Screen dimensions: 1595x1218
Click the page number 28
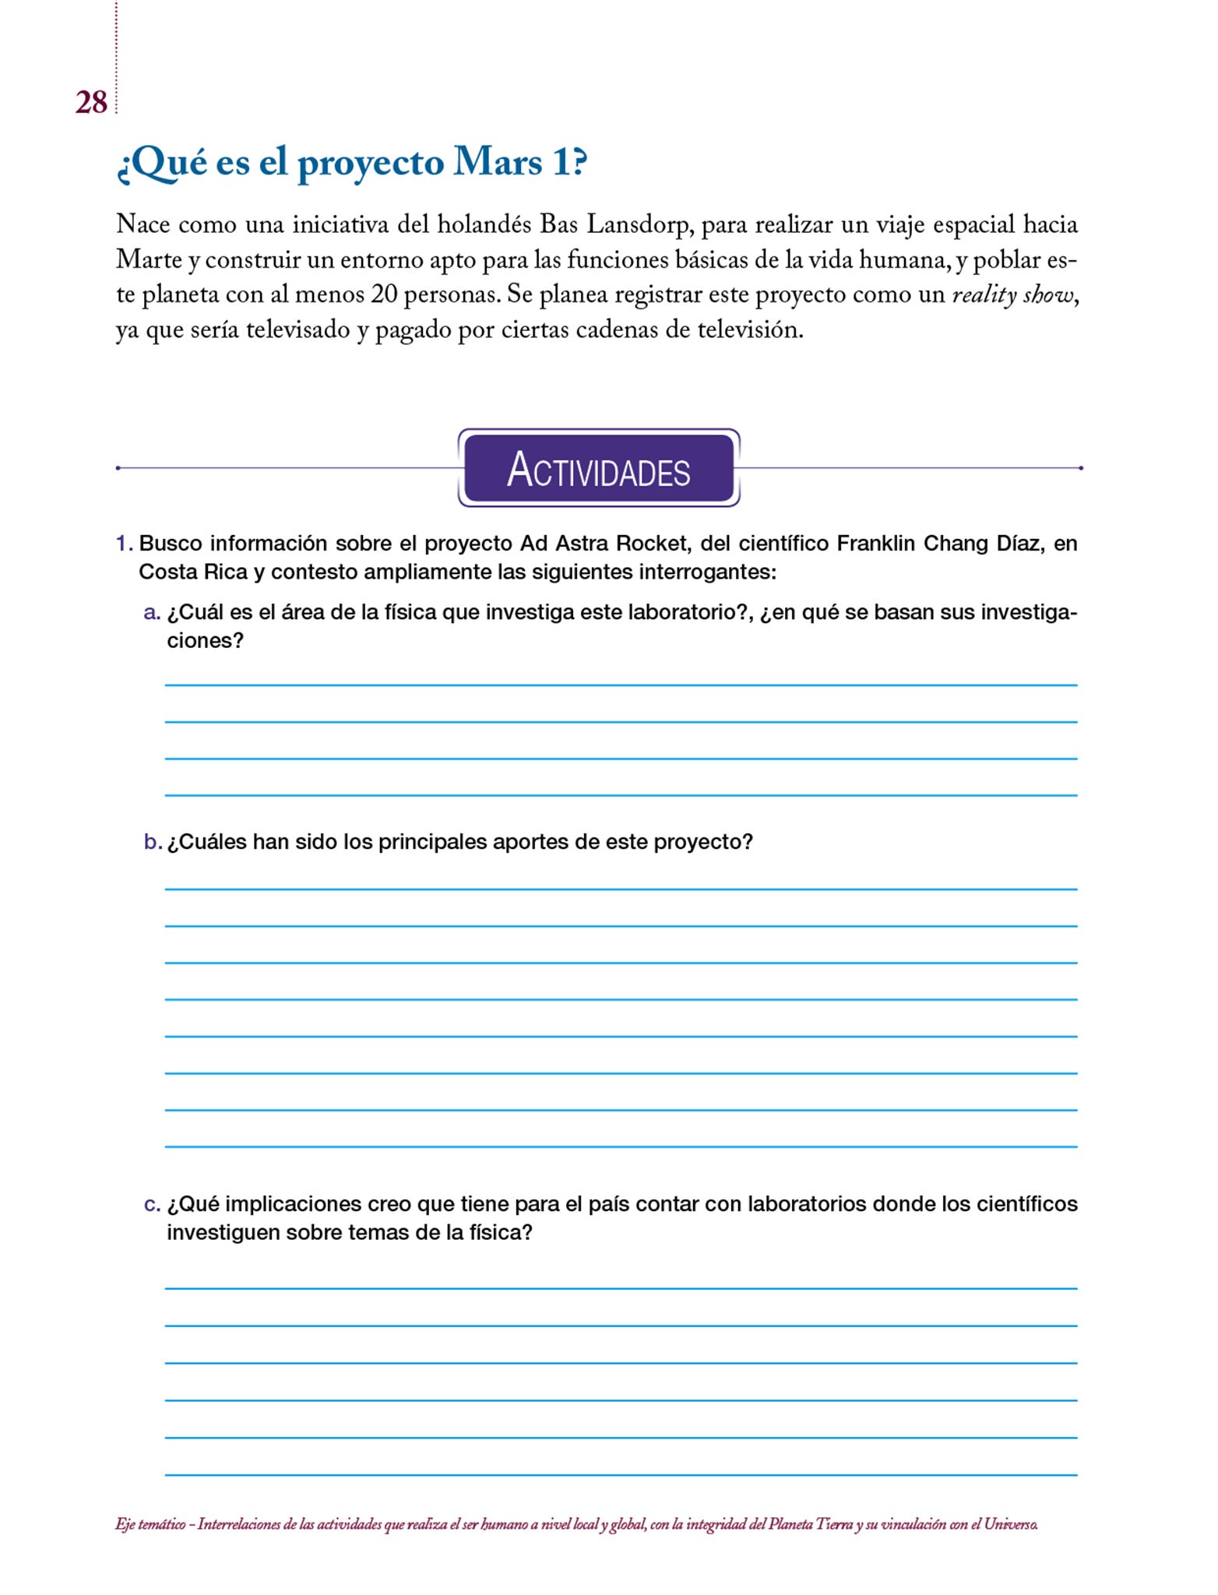point(91,103)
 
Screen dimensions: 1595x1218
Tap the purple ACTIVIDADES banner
point(598,469)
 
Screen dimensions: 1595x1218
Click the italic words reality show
point(1014,295)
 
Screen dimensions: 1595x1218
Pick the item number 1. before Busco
point(124,544)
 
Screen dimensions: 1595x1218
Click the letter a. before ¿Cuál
point(152,613)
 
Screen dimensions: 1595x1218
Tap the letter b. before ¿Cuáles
point(152,842)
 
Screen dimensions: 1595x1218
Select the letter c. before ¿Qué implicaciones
point(152,1204)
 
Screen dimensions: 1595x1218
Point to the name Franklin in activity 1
point(876,544)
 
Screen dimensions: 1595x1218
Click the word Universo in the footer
point(1010,1525)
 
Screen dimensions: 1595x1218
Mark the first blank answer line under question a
point(621,685)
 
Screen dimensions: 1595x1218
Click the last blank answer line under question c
point(621,1474)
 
